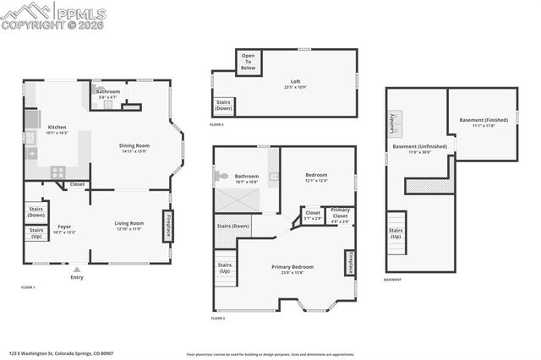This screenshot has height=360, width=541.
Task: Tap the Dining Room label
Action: click(135, 148)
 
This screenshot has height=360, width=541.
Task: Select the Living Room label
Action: click(129, 225)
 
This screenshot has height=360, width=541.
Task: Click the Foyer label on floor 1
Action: click(64, 227)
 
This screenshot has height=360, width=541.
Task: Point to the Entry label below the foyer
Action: click(77, 277)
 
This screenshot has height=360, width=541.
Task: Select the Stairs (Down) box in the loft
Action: click(224, 106)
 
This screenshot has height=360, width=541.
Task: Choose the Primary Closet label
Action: click(340, 212)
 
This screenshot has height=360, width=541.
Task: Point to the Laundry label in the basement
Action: click(393, 123)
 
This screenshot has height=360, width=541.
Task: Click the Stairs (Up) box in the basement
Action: click(396, 232)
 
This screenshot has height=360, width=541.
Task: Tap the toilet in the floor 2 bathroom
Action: click(221, 177)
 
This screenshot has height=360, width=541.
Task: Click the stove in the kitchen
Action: click(58, 171)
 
